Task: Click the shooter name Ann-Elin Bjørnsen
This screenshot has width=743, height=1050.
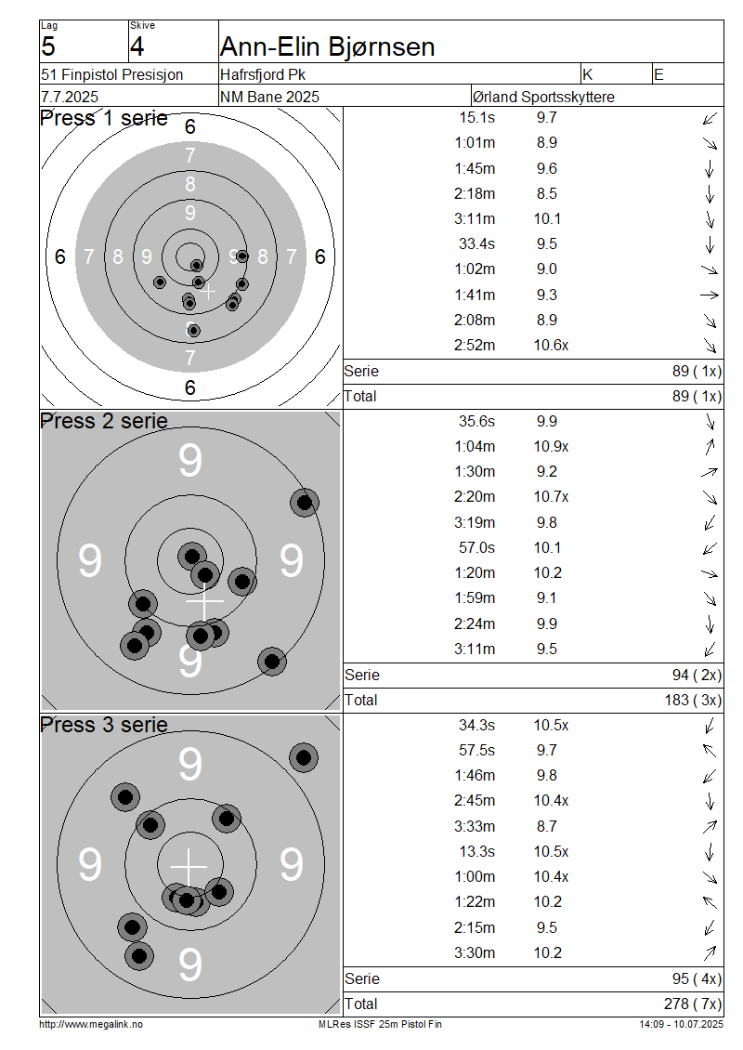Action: pos(327,46)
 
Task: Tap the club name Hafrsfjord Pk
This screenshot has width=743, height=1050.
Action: pos(263,74)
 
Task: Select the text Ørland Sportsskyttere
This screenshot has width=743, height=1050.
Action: pos(543,97)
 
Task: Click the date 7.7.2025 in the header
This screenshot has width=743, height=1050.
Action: pos(70,97)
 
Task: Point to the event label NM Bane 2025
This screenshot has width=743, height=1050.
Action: pos(269,97)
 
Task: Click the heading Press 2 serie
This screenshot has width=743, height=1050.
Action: pos(104,421)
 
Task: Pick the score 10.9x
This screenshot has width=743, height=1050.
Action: pos(551,446)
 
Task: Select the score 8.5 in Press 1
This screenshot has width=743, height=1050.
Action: pos(546,193)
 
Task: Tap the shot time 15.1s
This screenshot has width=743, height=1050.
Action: pos(476,117)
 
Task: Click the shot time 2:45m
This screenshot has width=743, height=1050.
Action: pos(475,800)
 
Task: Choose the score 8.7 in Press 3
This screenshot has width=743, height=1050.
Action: pos(546,826)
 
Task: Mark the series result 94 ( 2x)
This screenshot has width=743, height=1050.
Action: pos(697,675)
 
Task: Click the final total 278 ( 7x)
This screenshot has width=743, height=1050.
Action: pos(693,1004)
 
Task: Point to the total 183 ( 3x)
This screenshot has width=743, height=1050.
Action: pos(693,700)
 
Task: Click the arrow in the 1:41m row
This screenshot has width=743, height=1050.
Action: pos(710,295)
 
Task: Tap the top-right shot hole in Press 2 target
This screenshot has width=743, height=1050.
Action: pos(305,502)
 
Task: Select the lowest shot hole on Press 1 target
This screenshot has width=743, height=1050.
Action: pos(193,330)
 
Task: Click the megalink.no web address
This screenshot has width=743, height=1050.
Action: pos(91,1024)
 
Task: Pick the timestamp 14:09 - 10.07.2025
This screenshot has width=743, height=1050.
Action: pos(681,1024)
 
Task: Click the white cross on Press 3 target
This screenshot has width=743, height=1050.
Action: pos(189,867)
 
